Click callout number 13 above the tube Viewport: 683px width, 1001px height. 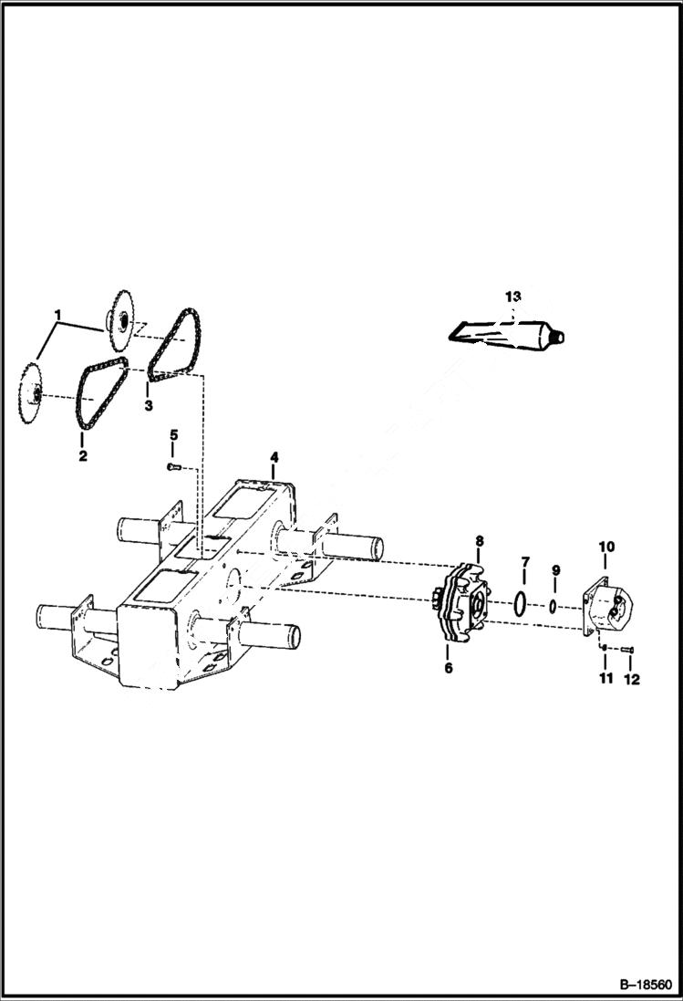point(512,297)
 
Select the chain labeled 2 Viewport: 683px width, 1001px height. point(96,397)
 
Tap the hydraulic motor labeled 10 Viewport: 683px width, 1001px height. point(607,610)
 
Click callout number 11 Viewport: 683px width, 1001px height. point(604,679)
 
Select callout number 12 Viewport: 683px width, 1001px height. point(631,680)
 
